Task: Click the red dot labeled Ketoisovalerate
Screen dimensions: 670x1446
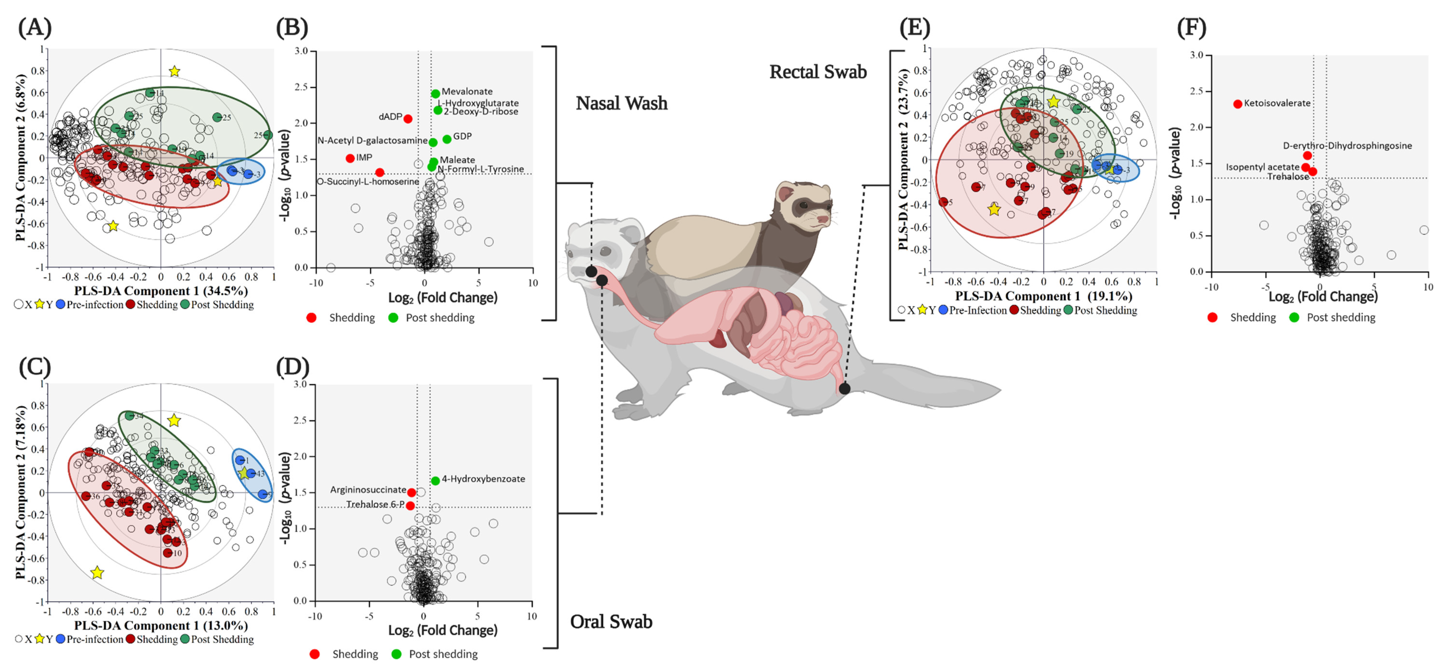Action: coord(1238,104)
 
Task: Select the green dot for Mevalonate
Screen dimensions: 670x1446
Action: coord(436,94)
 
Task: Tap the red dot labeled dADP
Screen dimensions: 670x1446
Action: coord(408,119)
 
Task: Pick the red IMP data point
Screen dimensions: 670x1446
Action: coord(350,158)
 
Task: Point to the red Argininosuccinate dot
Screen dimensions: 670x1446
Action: coord(411,493)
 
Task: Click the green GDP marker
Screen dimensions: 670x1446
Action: coord(447,139)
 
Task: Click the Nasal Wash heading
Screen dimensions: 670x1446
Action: coord(621,103)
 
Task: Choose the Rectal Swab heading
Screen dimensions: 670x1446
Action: coord(818,72)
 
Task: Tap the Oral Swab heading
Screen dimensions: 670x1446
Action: coord(611,622)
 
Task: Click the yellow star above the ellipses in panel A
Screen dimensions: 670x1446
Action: coord(175,71)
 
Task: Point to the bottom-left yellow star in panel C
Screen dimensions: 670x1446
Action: coord(97,573)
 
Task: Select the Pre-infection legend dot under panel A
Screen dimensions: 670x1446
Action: coord(61,305)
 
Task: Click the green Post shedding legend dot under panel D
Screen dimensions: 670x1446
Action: coord(396,654)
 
